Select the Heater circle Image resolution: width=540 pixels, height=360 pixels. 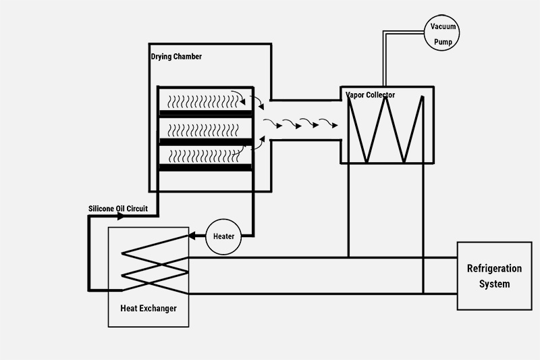coord(223,236)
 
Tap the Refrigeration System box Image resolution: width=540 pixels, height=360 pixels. coord(494,276)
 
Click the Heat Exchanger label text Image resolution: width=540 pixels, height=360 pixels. coord(148,309)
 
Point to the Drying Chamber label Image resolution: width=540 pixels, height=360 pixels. coord(176,57)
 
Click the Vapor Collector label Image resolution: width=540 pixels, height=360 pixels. coord(371,95)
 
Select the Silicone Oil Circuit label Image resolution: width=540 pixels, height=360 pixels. coord(118,209)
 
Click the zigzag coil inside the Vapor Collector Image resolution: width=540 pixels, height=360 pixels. coord(388,128)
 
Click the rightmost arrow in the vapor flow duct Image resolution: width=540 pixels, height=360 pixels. coord(330,124)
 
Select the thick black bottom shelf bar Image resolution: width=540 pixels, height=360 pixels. coord(205,167)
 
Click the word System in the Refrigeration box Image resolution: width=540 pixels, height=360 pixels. coord(494,284)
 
